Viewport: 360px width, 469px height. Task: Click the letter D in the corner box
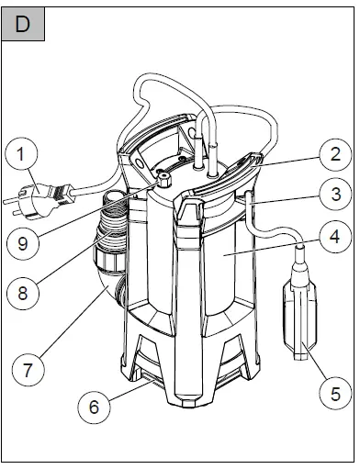coord(23,23)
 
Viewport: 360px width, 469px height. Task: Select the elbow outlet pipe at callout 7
coord(108,285)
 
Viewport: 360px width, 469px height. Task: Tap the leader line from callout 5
coord(318,376)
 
